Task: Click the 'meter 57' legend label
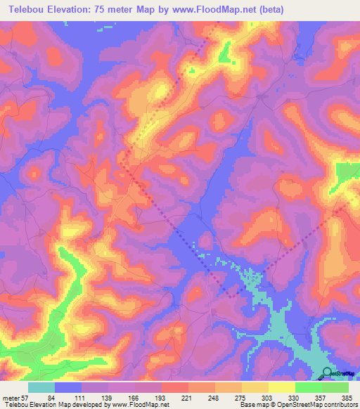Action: [15, 397]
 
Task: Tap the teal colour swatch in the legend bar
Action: [41, 387]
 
